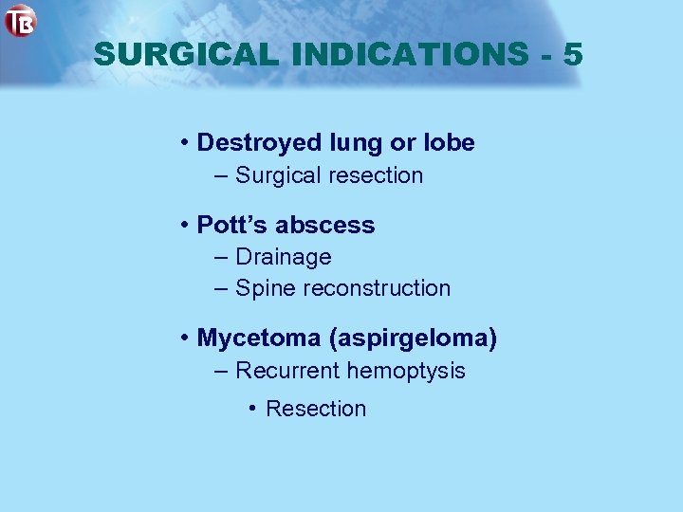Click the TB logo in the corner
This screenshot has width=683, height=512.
tap(20, 20)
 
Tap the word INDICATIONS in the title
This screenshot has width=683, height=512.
tap(410, 55)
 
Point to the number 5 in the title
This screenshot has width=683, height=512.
tap(572, 55)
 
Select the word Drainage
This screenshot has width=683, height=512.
tap(283, 257)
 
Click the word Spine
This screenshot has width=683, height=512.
tap(265, 288)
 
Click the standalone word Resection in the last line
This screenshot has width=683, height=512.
tap(316, 409)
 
